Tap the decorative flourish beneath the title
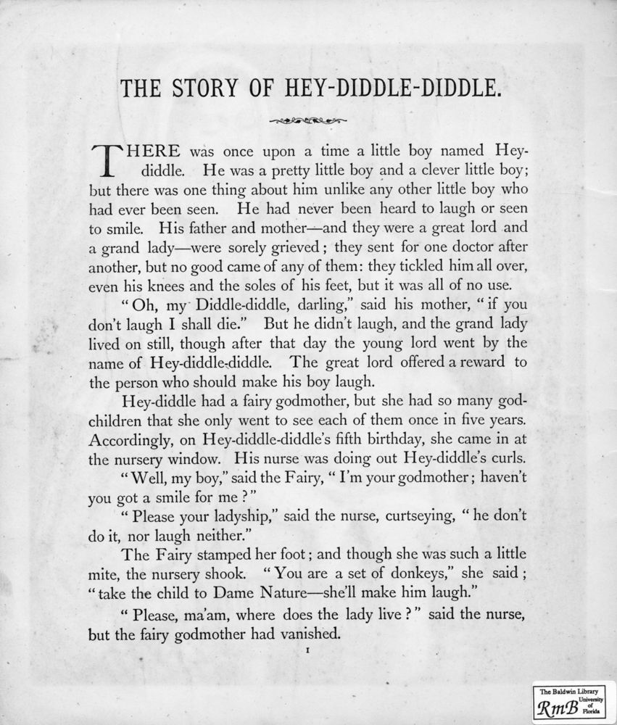[307, 120]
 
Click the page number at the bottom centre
[308, 652]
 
